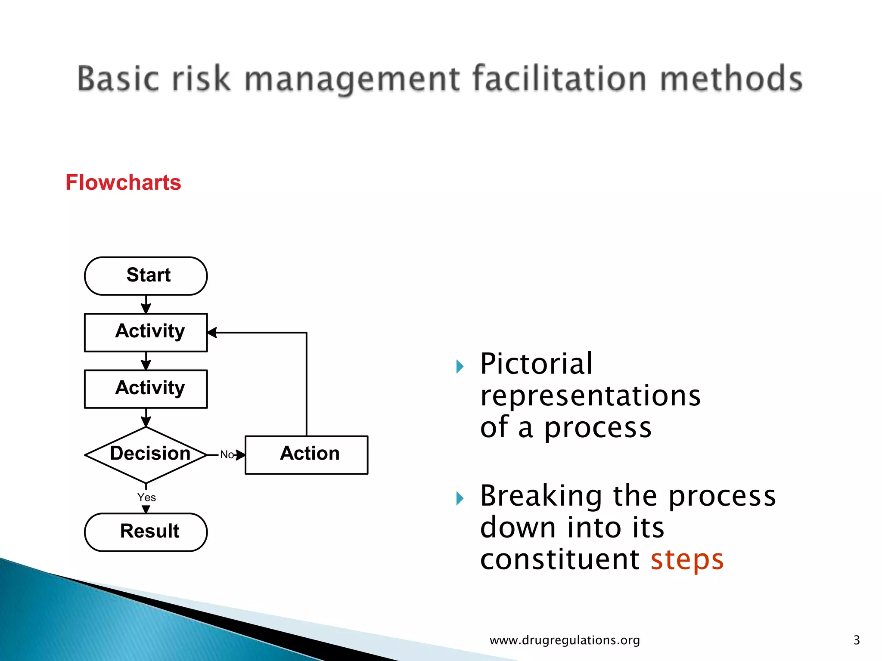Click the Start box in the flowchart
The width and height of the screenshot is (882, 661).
click(146, 276)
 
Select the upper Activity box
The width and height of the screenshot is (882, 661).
click(146, 332)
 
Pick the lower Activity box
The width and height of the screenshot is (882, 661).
click(146, 389)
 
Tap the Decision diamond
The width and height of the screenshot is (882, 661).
click(146, 454)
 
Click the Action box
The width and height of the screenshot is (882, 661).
click(306, 454)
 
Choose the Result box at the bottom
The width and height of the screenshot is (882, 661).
click(146, 532)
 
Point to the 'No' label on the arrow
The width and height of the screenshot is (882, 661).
click(227, 455)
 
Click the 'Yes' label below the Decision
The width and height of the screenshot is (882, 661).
click(146, 497)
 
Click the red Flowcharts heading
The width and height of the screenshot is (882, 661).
click(123, 182)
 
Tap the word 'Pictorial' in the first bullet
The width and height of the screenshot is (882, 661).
click(536, 364)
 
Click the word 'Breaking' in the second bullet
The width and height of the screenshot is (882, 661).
click(541, 496)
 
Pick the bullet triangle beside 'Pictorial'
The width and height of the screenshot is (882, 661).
click(460, 367)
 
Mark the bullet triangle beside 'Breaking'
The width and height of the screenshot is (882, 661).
click(460, 498)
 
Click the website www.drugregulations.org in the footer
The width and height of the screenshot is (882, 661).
click(565, 640)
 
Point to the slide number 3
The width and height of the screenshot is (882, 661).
click(856, 640)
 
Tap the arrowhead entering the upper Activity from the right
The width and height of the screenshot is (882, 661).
click(212, 332)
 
